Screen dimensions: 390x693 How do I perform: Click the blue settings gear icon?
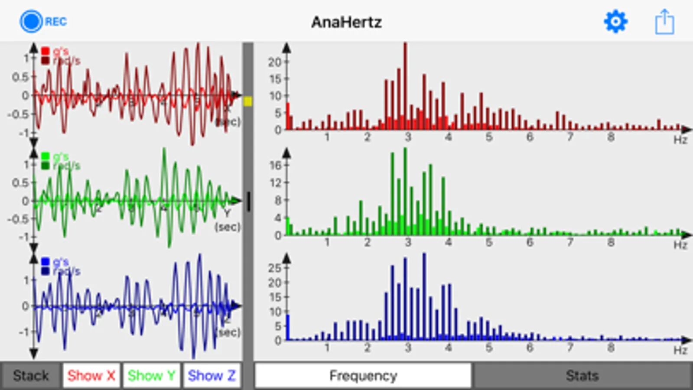(615, 21)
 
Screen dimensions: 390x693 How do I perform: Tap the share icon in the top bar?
(664, 22)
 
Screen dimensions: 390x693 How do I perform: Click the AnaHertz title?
(346, 22)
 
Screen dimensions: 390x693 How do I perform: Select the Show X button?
(91, 375)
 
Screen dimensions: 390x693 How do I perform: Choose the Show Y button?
(151, 375)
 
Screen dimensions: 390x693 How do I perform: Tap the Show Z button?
(211, 375)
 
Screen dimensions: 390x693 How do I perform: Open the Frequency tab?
(363, 375)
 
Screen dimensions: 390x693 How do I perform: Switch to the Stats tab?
(582, 375)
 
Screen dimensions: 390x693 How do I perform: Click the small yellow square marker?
(248, 101)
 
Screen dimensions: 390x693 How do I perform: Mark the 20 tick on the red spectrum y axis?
(275, 62)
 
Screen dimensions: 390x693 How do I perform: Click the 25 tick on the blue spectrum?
(275, 268)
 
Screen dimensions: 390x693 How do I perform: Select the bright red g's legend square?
(45, 51)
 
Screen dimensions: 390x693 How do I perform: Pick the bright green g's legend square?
(45, 156)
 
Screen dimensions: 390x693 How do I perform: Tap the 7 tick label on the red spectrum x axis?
(570, 137)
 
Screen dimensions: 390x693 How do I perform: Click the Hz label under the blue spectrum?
(680, 350)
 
